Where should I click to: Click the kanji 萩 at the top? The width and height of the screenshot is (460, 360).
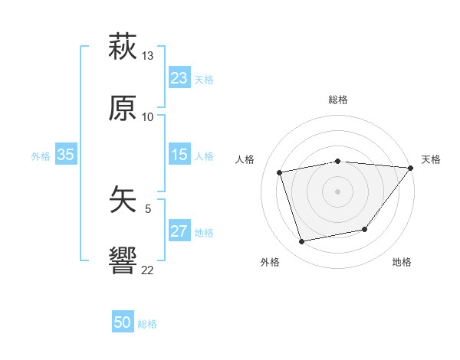click(x=123, y=47)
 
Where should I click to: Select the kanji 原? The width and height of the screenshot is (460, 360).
click(x=123, y=108)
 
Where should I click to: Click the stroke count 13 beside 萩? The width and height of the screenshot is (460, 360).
click(x=147, y=56)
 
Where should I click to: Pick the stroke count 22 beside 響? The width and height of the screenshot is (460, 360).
click(x=147, y=270)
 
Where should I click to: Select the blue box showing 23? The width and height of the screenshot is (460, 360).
click(x=179, y=77)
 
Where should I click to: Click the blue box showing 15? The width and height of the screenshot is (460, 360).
click(x=179, y=155)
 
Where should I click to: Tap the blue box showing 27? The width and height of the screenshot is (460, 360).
click(x=179, y=231)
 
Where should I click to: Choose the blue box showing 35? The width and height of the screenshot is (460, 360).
click(x=66, y=155)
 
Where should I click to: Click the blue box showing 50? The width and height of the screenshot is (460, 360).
click(x=123, y=322)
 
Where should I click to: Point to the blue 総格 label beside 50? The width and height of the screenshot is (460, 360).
click(x=147, y=324)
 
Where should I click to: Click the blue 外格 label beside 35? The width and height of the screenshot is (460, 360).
click(x=41, y=156)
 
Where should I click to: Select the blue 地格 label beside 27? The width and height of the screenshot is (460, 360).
click(x=204, y=233)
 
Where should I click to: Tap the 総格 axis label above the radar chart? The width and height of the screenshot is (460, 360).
click(x=337, y=100)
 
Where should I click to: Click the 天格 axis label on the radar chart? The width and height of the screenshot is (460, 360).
click(x=431, y=159)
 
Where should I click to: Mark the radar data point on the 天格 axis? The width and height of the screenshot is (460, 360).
click(x=410, y=168)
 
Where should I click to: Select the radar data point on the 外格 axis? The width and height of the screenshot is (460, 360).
click(x=302, y=242)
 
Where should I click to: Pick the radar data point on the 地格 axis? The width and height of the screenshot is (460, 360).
click(x=365, y=229)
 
